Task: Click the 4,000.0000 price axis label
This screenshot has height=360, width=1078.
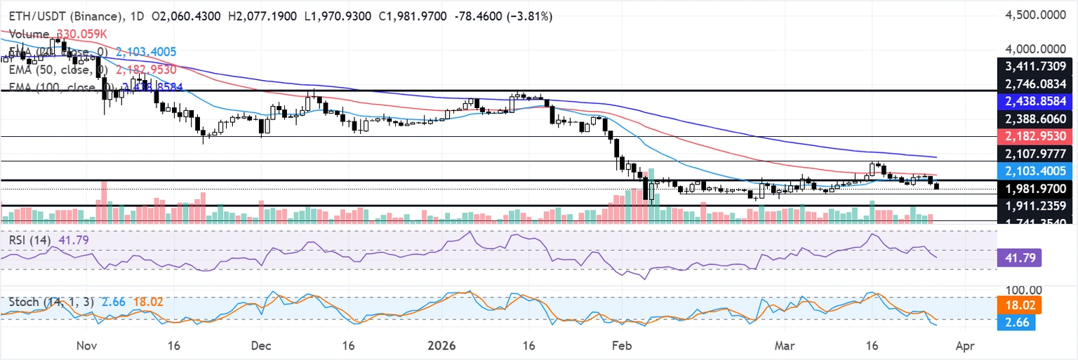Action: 1034,49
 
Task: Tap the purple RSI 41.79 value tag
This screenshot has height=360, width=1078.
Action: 1018,258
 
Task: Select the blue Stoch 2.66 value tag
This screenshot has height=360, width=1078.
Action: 1018,321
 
